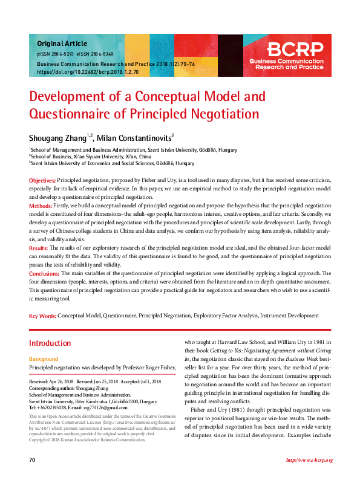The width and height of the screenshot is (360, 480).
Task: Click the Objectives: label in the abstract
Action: pyautogui.click(x=42, y=181)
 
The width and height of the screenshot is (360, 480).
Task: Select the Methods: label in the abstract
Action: pyautogui.click(x=41, y=206)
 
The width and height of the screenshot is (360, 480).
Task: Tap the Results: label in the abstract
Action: pyautogui.click(x=39, y=248)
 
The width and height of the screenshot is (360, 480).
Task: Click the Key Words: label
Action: pyautogui.click(x=42, y=316)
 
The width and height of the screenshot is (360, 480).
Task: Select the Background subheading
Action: pyautogui.click(x=44, y=359)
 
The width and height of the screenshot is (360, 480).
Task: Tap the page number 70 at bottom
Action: pyautogui.click(x=32, y=461)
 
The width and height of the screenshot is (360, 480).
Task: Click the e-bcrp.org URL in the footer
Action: pyautogui.click(x=309, y=461)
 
